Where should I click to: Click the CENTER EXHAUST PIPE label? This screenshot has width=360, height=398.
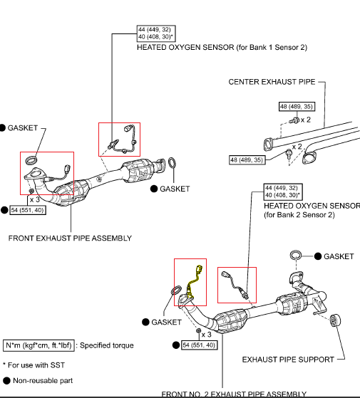(271, 82)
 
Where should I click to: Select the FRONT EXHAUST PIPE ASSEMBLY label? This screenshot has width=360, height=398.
(63, 239)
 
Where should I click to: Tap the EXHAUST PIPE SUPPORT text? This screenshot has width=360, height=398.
(288, 360)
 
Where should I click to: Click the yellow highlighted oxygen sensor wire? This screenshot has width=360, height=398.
(191, 281)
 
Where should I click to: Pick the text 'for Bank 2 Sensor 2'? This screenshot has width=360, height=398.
(300, 214)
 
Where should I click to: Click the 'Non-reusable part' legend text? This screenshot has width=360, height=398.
(44, 381)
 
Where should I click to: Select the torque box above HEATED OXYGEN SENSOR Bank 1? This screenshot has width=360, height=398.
(155, 35)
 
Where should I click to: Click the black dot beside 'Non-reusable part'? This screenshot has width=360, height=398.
(6, 381)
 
